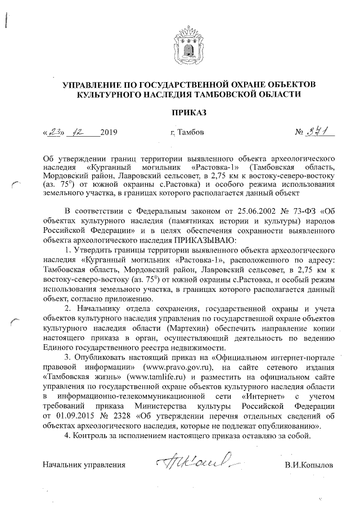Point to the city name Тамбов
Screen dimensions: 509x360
(x=190, y=134)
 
